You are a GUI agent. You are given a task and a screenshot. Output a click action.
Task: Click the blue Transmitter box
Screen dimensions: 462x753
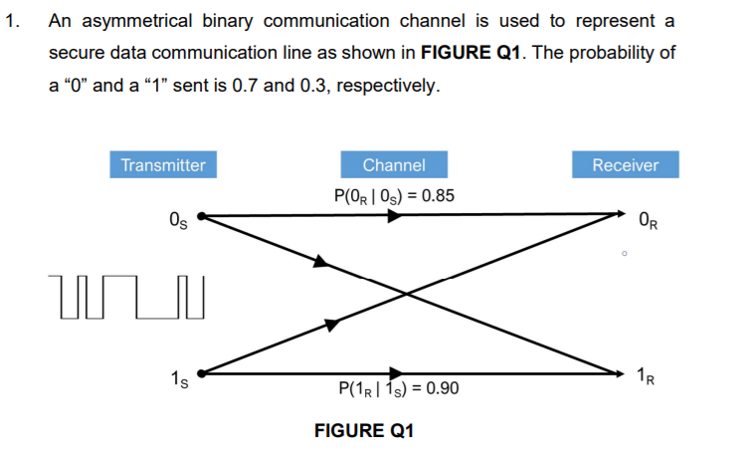163,165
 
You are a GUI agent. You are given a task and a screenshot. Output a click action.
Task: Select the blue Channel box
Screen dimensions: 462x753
394,165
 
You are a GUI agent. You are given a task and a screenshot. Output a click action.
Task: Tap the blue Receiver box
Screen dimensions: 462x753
625,165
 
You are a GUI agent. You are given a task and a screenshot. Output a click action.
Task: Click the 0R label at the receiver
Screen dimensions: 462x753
649,219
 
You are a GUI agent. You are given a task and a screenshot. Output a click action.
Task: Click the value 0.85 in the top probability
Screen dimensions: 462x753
439,195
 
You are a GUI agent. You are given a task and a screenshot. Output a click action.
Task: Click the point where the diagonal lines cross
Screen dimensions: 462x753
408,294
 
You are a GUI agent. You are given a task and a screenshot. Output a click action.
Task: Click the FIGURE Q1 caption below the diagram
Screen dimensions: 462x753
363,431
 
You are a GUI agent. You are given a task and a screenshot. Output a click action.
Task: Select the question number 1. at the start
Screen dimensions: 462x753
13,21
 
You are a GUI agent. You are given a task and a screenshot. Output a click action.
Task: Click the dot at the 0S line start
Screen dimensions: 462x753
202,214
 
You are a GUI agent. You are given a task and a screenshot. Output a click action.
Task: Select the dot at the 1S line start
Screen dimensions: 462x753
202,373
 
